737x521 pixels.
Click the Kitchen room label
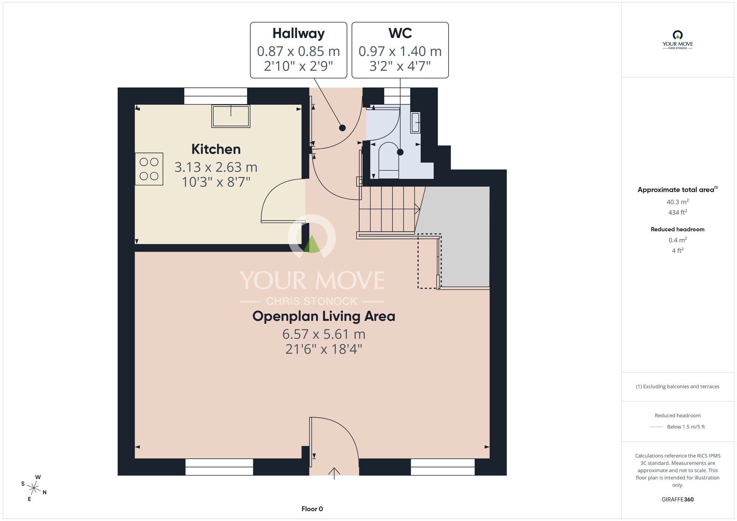[216, 149]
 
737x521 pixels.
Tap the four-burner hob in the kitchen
[149, 169]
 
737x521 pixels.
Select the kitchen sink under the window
[231, 116]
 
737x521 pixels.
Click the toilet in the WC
[389, 160]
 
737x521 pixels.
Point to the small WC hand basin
[415, 122]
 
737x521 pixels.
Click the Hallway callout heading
[298, 34]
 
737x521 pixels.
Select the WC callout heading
[400, 33]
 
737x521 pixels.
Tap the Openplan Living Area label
[324, 316]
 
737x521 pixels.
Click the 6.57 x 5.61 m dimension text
[324, 334]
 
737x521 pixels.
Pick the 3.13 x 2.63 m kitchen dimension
[216, 167]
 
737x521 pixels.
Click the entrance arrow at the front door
[334, 473]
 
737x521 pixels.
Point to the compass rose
[34, 489]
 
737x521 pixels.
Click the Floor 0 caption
[312, 509]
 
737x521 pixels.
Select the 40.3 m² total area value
[678, 202]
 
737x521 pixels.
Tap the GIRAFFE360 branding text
[678, 500]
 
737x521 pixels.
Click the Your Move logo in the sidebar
[678, 40]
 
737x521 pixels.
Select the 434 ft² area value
[678, 212]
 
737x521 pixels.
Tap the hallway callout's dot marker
[342, 128]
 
